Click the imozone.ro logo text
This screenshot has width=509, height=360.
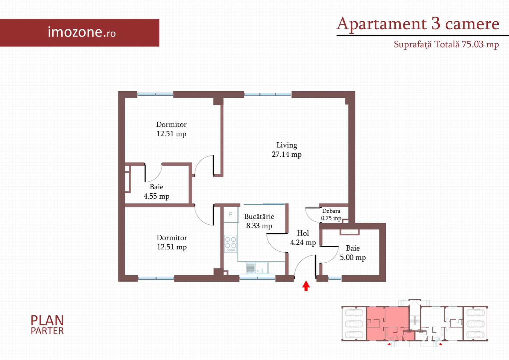(82, 32)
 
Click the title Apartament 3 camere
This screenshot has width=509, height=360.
(418, 24)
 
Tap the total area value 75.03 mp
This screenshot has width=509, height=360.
(480, 44)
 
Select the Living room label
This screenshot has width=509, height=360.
(286, 145)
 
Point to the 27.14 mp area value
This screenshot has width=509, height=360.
(286, 154)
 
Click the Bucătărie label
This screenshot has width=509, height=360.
(259, 217)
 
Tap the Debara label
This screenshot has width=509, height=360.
(331, 211)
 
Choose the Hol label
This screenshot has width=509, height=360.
(303, 233)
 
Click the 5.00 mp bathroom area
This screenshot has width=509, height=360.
(353, 257)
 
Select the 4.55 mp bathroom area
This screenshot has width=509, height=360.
(157, 196)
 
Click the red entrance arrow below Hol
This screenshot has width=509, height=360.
(306, 286)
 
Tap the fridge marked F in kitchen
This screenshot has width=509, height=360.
(231, 214)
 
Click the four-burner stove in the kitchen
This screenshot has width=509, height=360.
(231, 244)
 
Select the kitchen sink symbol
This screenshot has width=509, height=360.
(257, 268)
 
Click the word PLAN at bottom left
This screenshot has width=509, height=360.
(47, 321)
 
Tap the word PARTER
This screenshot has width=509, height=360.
(47, 331)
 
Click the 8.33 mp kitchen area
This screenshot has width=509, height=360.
(259, 226)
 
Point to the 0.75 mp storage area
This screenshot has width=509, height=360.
(331, 218)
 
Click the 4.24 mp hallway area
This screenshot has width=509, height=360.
(303, 242)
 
